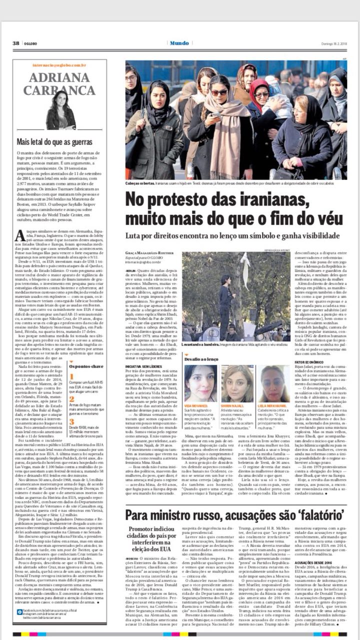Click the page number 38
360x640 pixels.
pyautogui.click(x=16, y=43)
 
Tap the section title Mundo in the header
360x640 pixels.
pyautogui.click(x=179, y=43)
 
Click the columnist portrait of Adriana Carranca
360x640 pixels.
pyautogui.click(x=60, y=109)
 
